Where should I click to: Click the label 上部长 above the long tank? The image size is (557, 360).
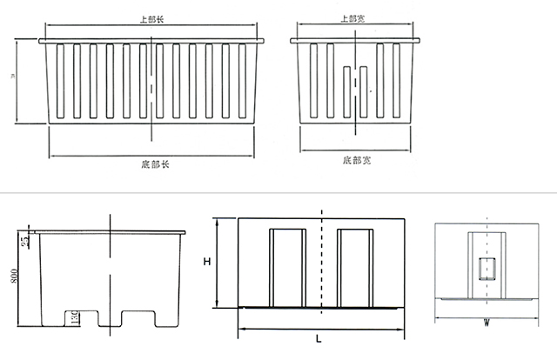click(x=152, y=17)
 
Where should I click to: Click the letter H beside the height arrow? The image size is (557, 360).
click(x=205, y=262)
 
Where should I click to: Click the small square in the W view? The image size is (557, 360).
click(x=487, y=269)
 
